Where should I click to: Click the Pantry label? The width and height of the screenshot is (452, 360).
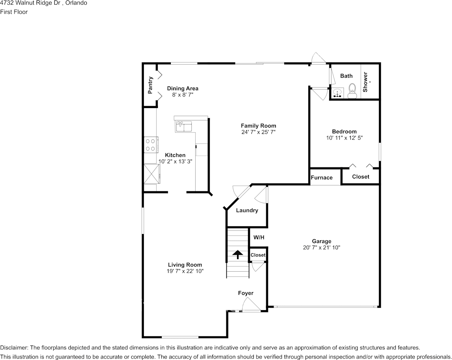click(150, 85)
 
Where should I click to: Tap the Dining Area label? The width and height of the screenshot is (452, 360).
click(183, 89)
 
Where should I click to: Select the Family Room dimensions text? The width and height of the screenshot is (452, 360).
click(259, 132)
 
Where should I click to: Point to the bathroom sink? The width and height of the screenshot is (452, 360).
click(337, 93)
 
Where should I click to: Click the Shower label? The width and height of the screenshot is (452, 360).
click(365, 82)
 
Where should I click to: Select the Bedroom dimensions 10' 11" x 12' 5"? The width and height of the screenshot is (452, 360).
click(344, 138)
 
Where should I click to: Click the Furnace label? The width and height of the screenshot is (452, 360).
click(322, 178)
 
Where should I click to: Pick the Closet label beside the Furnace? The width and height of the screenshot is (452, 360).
click(361, 177)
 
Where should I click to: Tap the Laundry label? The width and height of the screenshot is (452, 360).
click(247, 210)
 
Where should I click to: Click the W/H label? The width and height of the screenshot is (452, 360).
click(259, 237)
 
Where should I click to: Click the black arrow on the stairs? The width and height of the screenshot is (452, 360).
click(238, 255)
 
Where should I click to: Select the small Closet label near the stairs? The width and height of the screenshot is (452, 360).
click(258, 255)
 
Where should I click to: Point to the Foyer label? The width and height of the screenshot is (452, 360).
click(246, 293)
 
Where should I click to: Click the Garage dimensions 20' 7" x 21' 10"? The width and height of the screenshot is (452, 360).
click(322, 247)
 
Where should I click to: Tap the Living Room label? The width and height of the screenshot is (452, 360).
click(185, 265)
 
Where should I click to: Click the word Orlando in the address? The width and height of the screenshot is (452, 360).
click(76, 3)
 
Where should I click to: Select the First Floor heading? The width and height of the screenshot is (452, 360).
click(14, 12)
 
